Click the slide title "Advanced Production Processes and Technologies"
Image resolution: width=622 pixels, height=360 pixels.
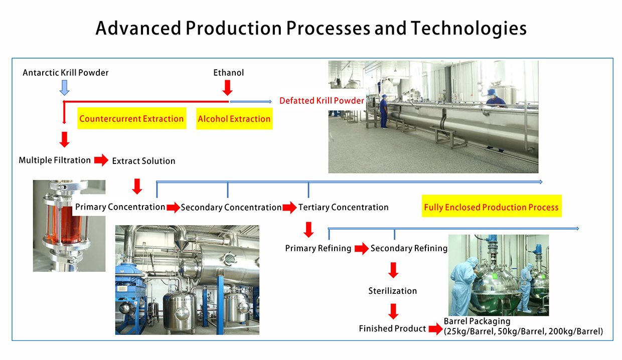click(311, 29)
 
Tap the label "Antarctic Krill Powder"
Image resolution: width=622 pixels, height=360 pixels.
click(66, 73)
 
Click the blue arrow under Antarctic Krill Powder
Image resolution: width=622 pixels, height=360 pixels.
click(64, 88)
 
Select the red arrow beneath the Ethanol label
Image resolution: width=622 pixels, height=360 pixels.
click(227, 88)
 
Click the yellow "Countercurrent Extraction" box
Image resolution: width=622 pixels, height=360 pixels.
click(131, 119)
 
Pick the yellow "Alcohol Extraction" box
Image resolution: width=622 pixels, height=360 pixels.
click(234, 119)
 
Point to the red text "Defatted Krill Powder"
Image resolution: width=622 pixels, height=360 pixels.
click(322, 101)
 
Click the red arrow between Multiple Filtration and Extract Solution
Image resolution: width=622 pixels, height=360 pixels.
click(101, 160)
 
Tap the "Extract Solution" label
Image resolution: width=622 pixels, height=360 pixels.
click(143, 161)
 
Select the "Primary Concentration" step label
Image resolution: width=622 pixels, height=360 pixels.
click(120, 207)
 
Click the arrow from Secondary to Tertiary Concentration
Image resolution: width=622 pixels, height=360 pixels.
click(289, 207)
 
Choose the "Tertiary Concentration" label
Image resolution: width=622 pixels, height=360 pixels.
click(343, 207)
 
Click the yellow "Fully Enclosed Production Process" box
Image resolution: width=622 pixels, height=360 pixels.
click(491, 207)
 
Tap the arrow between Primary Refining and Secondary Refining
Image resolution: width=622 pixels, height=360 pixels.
click(361, 248)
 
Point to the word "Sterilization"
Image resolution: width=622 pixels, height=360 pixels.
click(392, 291)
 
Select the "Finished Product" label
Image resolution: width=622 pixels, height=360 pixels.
click(392, 329)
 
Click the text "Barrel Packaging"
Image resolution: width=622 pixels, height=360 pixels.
click(477, 321)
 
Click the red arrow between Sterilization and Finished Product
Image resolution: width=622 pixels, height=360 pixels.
click(393, 311)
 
